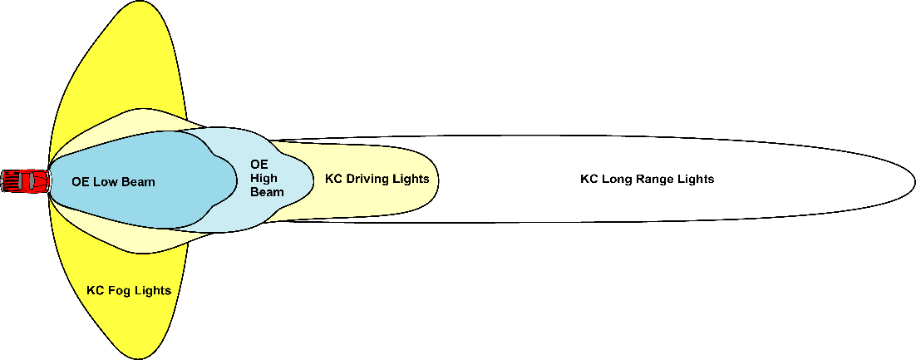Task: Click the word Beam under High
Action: coord(267,192)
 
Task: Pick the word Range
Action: coord(659,180)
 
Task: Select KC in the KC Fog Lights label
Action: coord(96,290)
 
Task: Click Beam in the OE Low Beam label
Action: coord(139,182)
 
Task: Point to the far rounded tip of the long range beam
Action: coord(914,181)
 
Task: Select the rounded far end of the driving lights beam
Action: coord(438,180)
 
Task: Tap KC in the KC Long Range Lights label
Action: coord(588,180)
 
